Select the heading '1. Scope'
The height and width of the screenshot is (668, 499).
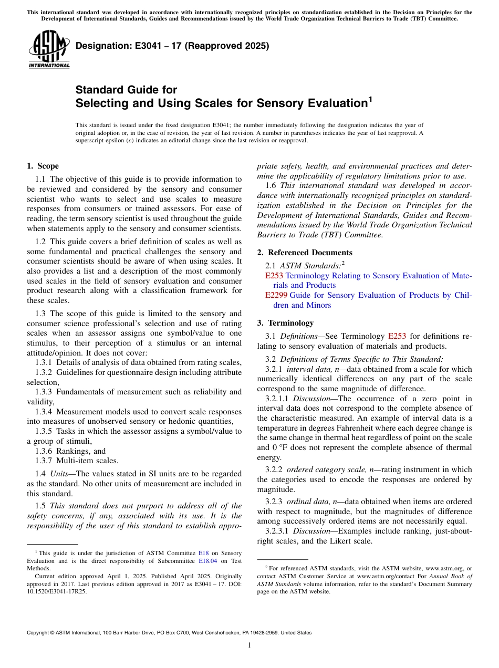click(43, 166)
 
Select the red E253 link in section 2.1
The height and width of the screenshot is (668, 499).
click(274, 276)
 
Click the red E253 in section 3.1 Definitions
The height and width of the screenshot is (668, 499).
click(397, 336)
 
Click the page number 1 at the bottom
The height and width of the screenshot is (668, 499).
click(250, 645)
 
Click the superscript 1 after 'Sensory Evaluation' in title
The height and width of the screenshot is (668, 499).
click(370, 99)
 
